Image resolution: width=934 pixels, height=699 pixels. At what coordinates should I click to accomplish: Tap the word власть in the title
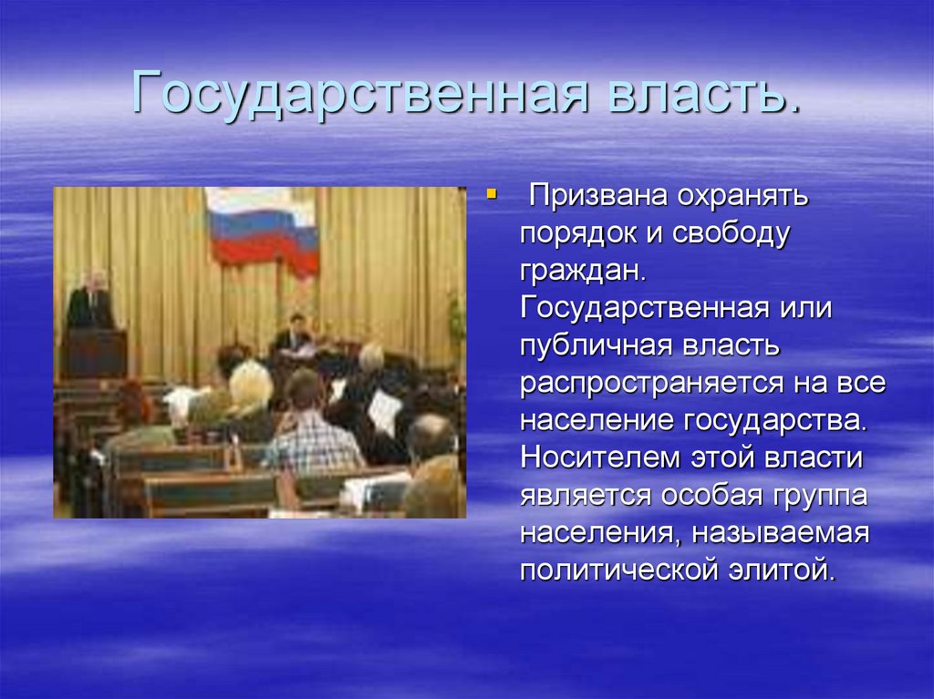pyautogui.click(x=698, y=92)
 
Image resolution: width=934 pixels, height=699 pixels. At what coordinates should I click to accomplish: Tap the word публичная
pyautogui.click(x=591, y=345)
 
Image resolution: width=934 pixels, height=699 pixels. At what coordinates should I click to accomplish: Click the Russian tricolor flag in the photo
pyautogui.click(x=263, y=230)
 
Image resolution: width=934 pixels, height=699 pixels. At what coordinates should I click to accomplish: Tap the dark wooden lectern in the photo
pyautogui.click(x=94, y=352)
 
